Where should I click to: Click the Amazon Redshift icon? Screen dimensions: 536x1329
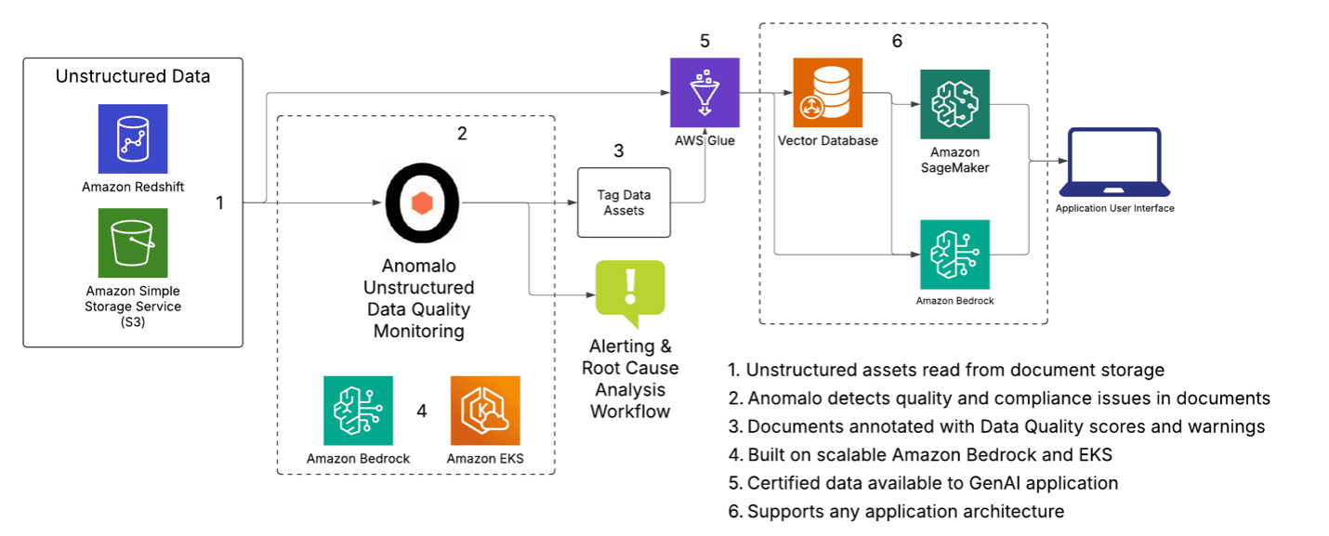coord(133,138)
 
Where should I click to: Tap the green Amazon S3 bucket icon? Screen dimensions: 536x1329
coord(133,242)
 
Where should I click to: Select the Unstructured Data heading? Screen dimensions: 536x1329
coord(133,76)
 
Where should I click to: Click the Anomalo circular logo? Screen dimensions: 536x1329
coord(423,203)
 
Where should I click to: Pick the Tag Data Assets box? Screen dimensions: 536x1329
coord(623,203)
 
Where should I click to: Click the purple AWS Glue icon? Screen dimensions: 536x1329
coord(704,92)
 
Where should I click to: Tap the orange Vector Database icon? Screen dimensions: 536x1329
coord(827,92)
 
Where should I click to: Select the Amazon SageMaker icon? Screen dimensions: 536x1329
coord(954,103)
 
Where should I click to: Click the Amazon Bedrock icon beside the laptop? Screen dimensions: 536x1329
coord(954,255)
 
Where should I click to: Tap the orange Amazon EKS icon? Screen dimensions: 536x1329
coord(485,411)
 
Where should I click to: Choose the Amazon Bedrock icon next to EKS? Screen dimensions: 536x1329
coord(358,411)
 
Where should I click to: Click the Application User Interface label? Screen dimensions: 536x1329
coord(1114,208)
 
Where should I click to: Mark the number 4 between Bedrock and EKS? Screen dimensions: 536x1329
coord(422,411)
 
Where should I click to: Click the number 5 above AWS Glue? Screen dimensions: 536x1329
coord(704,41)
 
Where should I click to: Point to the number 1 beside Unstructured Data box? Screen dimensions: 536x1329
coord(219,203)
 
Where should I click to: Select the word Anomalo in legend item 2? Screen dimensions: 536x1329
coord(785,399)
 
